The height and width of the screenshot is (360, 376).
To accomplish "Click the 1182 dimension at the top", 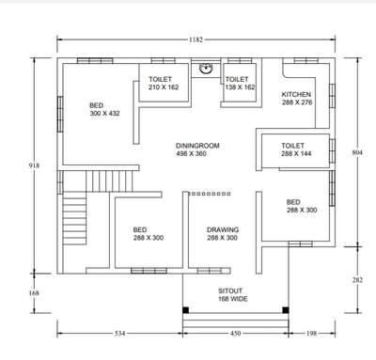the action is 196,39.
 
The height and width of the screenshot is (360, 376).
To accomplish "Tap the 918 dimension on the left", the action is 34,165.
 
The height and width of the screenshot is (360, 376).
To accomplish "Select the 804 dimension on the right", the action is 357,152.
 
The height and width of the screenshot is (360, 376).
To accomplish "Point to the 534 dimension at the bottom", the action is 119,334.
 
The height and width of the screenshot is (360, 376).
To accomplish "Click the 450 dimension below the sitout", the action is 236,334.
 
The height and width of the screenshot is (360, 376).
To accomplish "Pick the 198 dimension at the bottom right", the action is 312,334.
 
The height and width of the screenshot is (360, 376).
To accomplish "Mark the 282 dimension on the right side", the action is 357,280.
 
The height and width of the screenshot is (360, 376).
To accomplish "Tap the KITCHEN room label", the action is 296,94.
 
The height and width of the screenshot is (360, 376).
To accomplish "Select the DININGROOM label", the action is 197,146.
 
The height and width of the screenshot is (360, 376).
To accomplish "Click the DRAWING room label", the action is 223,229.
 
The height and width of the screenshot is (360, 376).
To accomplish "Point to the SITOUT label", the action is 230,290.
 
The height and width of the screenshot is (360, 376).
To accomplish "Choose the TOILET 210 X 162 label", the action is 164,83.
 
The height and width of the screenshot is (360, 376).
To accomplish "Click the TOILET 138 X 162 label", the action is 240,83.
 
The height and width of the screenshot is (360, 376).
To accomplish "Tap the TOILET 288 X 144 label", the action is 296,149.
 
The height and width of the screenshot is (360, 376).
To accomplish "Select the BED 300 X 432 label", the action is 104,109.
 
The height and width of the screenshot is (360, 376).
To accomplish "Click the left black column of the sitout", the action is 186,310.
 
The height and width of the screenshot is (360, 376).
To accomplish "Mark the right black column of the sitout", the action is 286,310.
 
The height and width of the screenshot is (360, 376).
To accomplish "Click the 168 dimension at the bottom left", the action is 34,293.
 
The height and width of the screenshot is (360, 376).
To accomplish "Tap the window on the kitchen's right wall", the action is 332,96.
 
